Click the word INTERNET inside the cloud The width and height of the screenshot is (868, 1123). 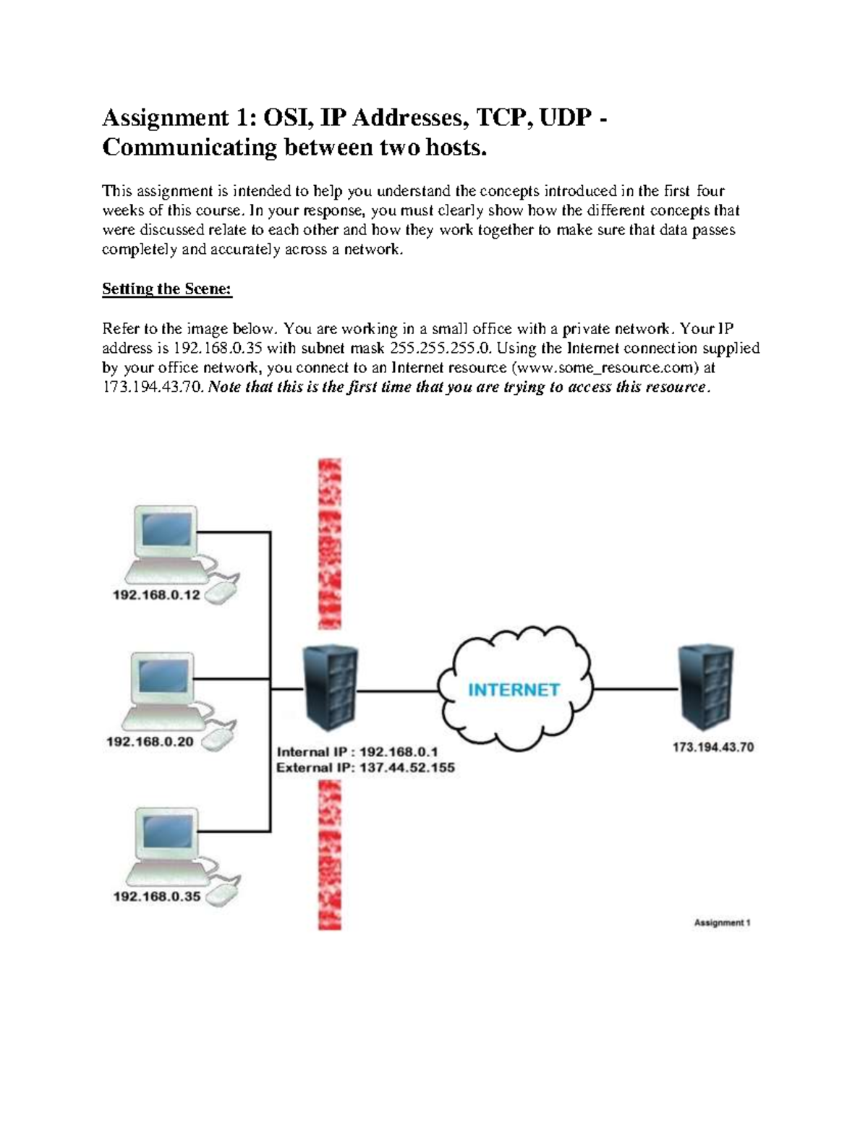click(x=514, y=690)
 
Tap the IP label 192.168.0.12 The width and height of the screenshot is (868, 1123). click(x=156, y=595)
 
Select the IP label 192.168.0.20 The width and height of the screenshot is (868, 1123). click(x=150, y=741)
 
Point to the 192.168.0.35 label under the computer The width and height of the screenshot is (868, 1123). click(x=157, y=896)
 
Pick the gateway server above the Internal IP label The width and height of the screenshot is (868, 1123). click(x=331, y=688)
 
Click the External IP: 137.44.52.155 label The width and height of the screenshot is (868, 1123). click(x=365, y=768)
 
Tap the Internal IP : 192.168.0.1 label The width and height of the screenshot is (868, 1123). click(x=357, y=752)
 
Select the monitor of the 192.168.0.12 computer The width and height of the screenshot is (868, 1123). click(x=167, y=531)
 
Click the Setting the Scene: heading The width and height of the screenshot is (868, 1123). click(x=166, y=289)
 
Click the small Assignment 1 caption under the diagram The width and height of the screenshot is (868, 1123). click(x=722, y=923)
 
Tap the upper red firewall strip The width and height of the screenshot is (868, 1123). click(x=330, y=543)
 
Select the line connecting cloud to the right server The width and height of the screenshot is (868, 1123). click(x=635, y=689)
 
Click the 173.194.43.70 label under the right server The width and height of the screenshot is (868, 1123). click(x=712, y=747)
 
